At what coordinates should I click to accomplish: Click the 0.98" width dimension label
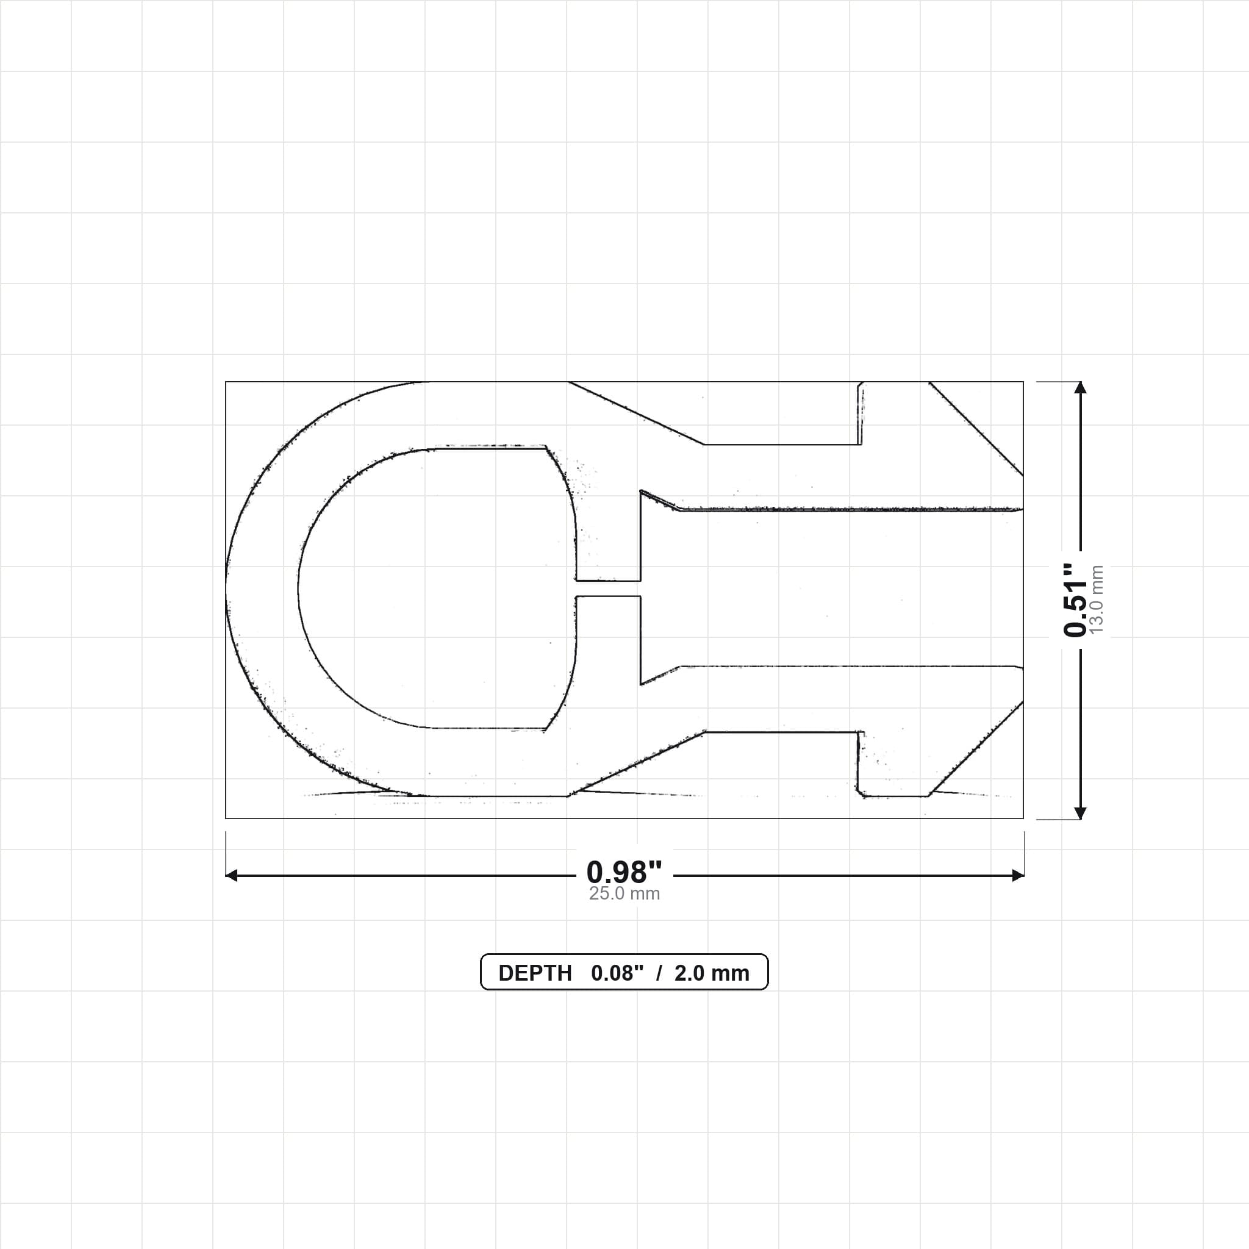[x=624, y=872]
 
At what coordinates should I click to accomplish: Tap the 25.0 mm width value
[x=624, y=893]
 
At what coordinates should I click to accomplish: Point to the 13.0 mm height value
[x=1097, y=599]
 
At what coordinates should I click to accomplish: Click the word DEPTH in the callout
[x=535, y=973]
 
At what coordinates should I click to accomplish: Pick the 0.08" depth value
[x=617, y=973]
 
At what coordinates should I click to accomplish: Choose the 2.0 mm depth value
[x=712, y=973]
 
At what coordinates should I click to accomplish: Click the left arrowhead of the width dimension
[x=231, y=875]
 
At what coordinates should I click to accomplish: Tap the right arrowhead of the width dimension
[x=1018, y=875]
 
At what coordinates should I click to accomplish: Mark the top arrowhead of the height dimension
[x=1079, y=387]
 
